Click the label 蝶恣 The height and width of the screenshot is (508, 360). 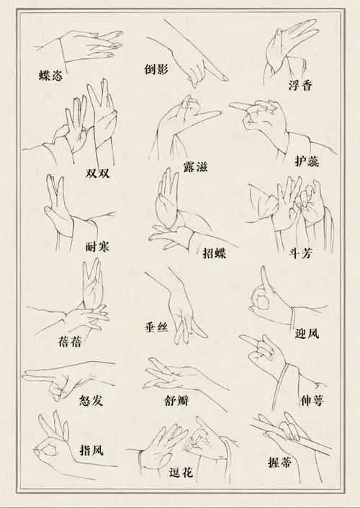point(52,74)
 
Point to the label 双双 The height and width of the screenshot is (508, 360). point(98,173)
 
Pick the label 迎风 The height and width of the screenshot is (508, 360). point(307,333)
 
